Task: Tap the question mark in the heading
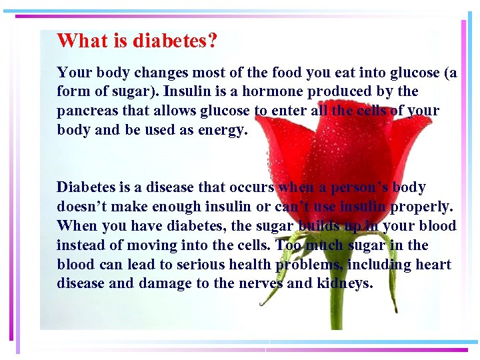(212, 41)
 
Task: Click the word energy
(223, 129)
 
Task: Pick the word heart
(434, 265)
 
